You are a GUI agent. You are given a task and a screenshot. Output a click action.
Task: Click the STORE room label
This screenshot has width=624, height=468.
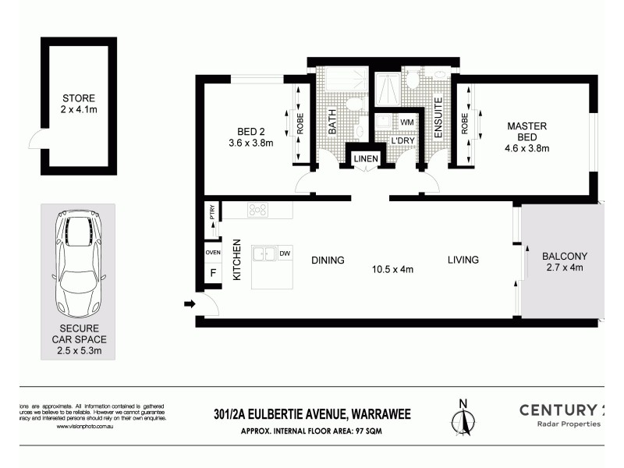(x=78, y=99)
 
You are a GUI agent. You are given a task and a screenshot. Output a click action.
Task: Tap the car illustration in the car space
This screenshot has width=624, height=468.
(x=78, y=261)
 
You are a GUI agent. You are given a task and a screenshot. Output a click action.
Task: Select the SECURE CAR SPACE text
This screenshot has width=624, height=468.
(x=78, y=340)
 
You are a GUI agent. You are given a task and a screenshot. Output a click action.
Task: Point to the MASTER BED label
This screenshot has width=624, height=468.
(x=527, y=126)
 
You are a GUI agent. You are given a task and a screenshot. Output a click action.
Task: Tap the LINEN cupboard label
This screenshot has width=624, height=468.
(x=366, y=159)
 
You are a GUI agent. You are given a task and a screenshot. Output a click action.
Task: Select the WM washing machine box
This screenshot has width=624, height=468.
(x=406, y=122)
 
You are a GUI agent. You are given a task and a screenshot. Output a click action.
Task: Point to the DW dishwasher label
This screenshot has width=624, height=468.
(x=285, y=253)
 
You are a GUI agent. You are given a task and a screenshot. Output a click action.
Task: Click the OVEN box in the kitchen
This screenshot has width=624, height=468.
(x=212, y=252)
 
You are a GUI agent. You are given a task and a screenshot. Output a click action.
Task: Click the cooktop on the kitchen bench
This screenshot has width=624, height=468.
(x=257, y=209)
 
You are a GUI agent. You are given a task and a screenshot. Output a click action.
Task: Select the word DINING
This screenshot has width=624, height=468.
(x=328, y=260)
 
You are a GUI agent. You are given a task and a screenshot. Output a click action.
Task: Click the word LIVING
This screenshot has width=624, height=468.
(x=463, y=260)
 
